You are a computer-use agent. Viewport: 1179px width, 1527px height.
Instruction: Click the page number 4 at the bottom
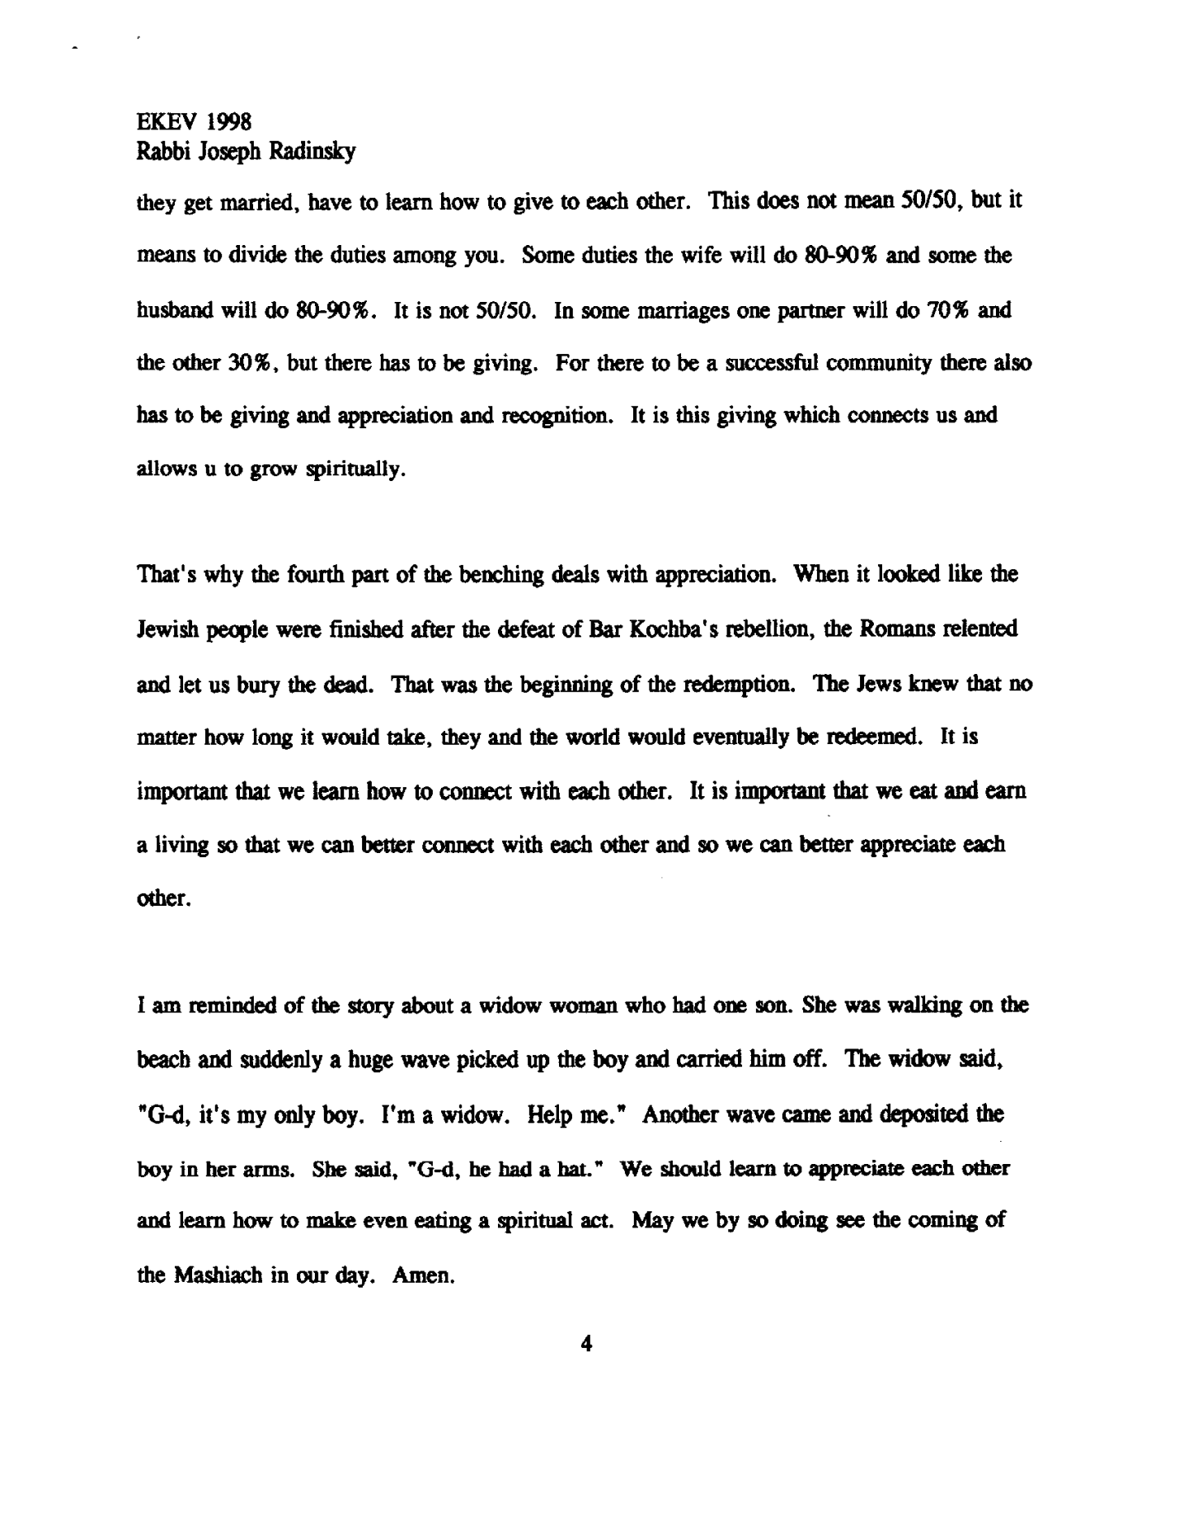pos(586,1344)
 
